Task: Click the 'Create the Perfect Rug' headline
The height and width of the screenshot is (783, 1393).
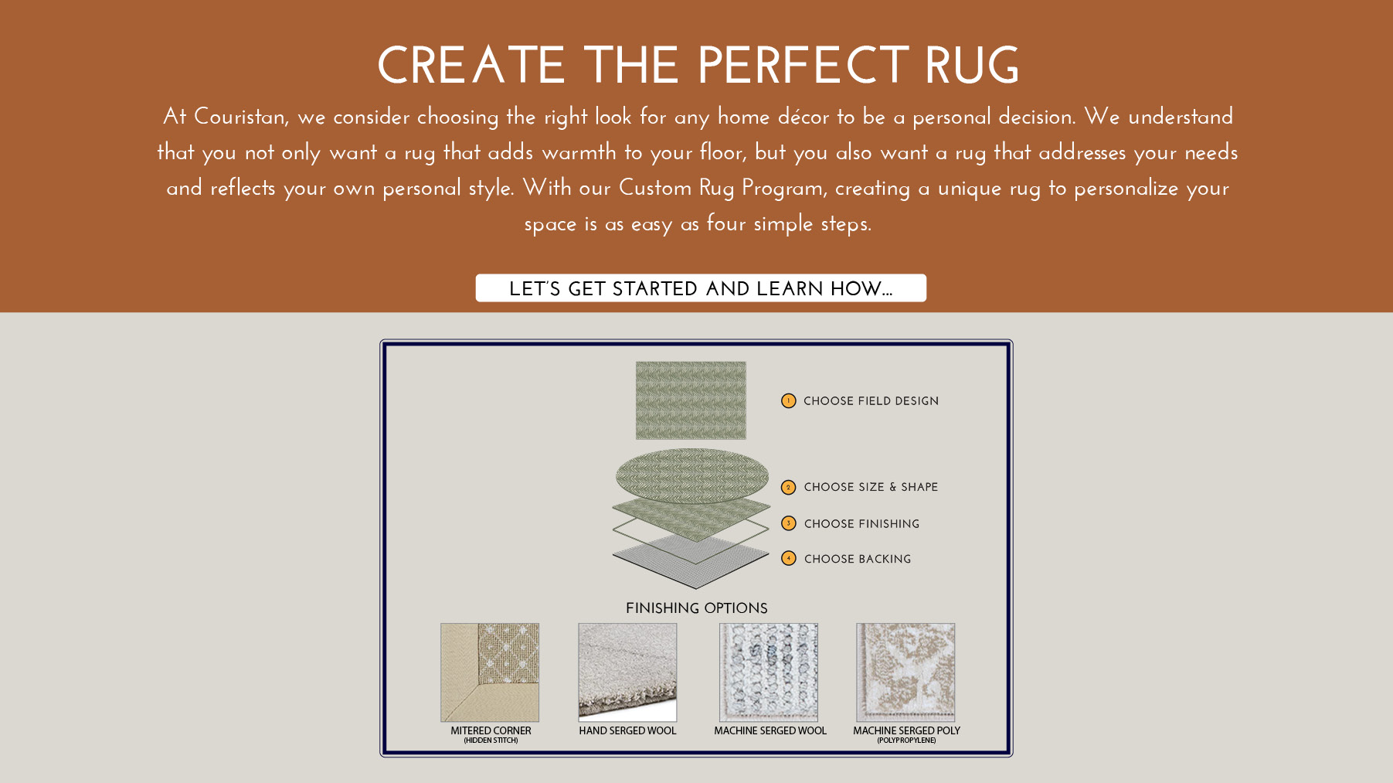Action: click(698, 66)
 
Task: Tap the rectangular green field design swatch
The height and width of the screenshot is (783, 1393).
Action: click(691, 400)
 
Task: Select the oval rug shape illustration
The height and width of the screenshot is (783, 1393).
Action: click(692, 475)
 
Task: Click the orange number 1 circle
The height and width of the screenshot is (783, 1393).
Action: click(788, 400)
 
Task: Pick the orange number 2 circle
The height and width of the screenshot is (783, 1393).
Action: click(788, 487)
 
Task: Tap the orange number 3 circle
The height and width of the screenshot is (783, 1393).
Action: click(788, 523)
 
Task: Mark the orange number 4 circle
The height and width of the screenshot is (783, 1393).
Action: click(788, 558)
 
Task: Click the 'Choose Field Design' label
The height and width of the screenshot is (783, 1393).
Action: click(871, 401)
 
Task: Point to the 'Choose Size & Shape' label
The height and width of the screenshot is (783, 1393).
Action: click(871, 487)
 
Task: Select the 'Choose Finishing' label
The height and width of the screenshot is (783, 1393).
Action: click(861, 524)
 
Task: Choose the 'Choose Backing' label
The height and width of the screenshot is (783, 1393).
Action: click(858, 559)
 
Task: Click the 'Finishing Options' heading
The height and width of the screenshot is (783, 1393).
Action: click(697, 608)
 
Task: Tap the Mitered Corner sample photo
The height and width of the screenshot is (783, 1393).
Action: click(490, 672)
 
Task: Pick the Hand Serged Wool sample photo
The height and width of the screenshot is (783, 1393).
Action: click(627, 672)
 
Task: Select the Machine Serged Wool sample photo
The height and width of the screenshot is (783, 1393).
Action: click(769, 672)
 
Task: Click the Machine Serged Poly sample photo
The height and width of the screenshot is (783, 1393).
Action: click(905, 672)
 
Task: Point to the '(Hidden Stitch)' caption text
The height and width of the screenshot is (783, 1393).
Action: click(491, 740)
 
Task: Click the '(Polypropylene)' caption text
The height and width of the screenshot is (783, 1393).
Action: click(906, 740)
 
